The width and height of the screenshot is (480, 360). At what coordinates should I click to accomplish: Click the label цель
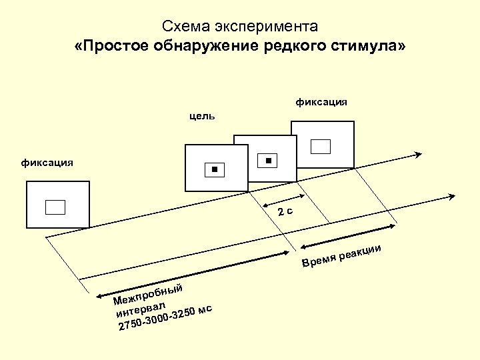point(202,116)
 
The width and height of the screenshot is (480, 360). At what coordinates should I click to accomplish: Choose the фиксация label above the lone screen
point(47,162)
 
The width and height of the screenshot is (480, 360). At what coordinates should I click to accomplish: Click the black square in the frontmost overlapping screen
point(214,170)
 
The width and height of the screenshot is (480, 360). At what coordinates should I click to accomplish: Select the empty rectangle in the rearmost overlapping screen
point(322,145)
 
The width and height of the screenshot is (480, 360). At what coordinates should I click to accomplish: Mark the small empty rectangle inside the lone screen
point(55,207)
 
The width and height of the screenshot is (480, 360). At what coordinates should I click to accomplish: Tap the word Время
point(317,261)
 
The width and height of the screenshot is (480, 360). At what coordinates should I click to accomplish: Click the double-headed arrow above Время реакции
point(342,239)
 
